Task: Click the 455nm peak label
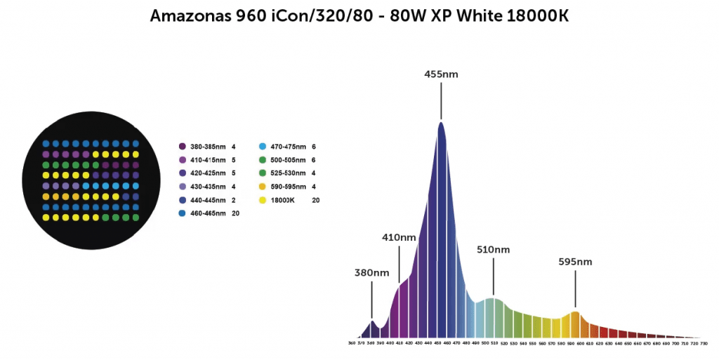pyautogui.click(x=441, y=74)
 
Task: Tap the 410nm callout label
pyautogui.click(x=399, y=237)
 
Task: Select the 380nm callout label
pyautogui.click(x=371, y=272)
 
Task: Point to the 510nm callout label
pyautogui.click(x=493, y=250)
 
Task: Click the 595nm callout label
pyautogui.click(x=575, y=262)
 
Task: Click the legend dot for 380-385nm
pyautogui.click(x=182, y=147)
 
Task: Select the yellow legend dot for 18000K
pyautogui.click(x=263, y=200)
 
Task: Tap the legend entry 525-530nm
pyautogui.click(x=289, y=173)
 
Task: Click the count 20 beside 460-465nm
pyautogui.click(x=236, y=213)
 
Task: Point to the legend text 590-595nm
pyautogui.click(x=289, y=187)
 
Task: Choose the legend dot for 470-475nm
pyautogui.click(x=263, y=147)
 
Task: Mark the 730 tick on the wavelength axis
pyautogui.click(x=704, y=344)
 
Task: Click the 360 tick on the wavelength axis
pyautogui.click(x=352, y=344)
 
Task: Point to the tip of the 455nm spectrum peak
pyautogui.click(x=441, y=124)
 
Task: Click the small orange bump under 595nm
pyautogui.click(x=575, y=313)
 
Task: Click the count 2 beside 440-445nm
pyautogui.click(x=233, y=200)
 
